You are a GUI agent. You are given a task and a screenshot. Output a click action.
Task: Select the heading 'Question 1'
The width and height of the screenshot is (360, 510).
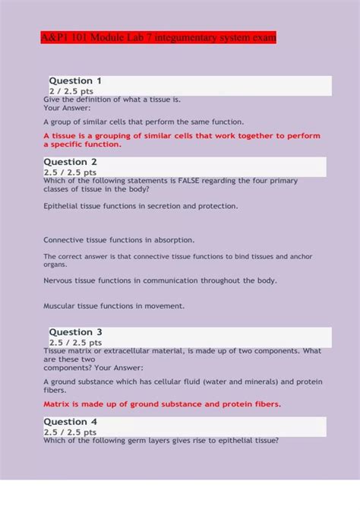coord(75,81)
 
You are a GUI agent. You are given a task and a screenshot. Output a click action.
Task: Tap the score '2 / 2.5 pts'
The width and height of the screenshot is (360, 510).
coord(76,91)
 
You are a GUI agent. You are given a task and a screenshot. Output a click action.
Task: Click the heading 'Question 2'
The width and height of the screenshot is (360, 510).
coord(71,162)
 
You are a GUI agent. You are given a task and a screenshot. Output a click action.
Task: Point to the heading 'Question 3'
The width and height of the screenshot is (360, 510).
coord(75,332)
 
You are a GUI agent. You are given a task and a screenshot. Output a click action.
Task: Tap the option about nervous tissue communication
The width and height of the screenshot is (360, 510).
coord(160,280)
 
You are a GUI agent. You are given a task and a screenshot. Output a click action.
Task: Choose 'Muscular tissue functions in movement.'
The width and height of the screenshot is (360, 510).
coord(114,306)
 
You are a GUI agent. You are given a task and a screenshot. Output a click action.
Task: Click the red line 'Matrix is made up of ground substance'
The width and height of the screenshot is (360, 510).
coord(162,404)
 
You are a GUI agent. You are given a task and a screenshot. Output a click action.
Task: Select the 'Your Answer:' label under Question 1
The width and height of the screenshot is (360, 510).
coord(67,108)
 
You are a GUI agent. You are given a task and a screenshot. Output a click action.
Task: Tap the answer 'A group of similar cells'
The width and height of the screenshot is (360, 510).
coord(144,122)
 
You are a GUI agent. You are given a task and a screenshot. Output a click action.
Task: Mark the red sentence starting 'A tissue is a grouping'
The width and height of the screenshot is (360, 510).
coord(182,136)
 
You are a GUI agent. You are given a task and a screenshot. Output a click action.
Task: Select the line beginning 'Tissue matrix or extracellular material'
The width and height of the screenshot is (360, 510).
coord(182,351)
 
